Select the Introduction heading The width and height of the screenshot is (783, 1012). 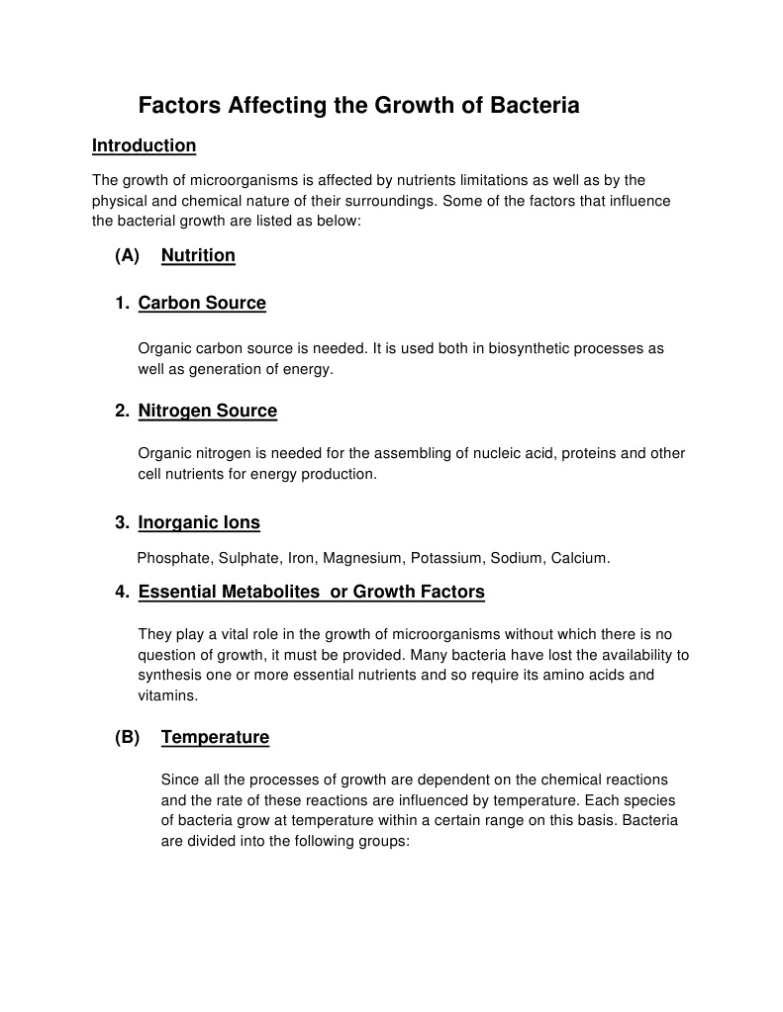144,145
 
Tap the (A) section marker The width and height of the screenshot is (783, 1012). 127,255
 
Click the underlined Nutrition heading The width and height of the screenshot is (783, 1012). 198,255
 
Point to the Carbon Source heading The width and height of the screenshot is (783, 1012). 202,303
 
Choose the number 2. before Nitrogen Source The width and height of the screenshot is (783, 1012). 122,411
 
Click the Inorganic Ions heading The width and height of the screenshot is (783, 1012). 199,522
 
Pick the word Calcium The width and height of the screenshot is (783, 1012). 580,558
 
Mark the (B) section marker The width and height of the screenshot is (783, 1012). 127,737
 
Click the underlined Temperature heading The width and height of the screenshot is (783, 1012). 215,737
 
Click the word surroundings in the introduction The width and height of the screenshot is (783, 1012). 385,201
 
